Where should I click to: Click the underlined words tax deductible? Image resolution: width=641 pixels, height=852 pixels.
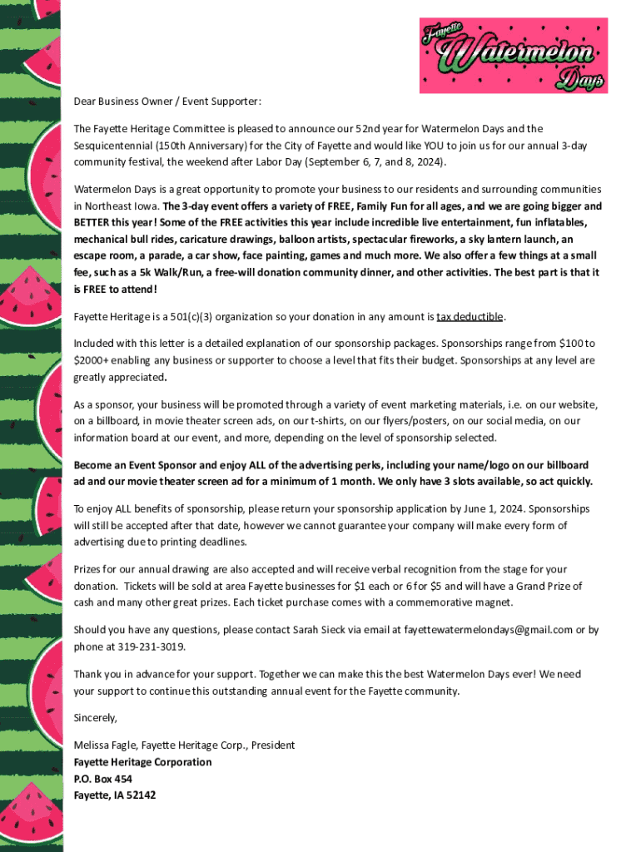pyautogui.click(x=470, y=317)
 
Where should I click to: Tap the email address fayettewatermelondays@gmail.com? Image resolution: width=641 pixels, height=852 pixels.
pyautogui.click(x=488, y=630)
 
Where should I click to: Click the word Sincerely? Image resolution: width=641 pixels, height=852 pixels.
pyautogui.click(x=96, y=717)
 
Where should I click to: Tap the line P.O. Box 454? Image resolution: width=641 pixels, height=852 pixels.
pyautogui.click(x=102, y=779)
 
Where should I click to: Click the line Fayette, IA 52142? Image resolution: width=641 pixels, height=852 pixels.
pyautogui.click(x=114, y=795)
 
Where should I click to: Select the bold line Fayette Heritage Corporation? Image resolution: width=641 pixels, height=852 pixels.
pyautogui.click(x=142, y=762)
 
